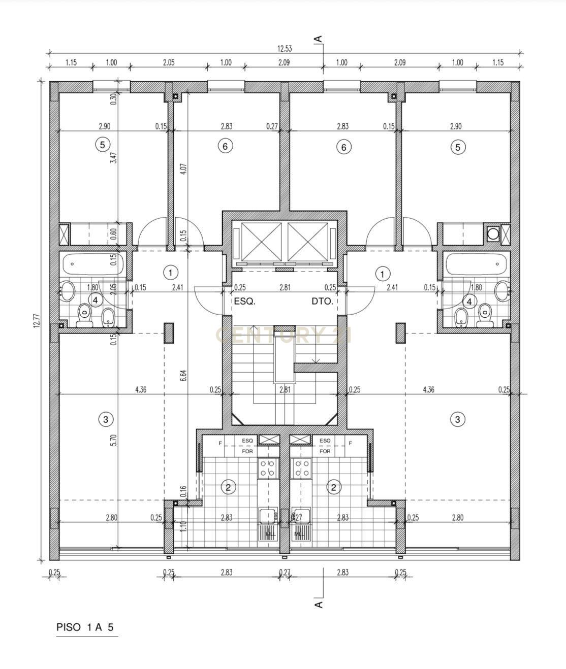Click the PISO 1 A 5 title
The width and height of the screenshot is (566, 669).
coord(85,627)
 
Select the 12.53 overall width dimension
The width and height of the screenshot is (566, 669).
coord(285,49)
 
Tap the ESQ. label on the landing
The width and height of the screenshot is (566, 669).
coord(244,301)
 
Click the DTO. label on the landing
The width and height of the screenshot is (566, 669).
coord(322,301)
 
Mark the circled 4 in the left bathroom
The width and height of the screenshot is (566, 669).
coord(96,300)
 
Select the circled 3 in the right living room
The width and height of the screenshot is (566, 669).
coord(458,419)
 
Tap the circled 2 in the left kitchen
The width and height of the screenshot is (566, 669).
coord(228,487)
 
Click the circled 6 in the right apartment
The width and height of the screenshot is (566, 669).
coord(344,147)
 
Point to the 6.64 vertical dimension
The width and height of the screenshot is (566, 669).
coord(184,376)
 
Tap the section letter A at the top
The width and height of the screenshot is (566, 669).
coord(319,39)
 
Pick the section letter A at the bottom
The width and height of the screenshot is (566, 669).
coord(319,605)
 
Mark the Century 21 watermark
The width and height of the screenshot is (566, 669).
coord(284,336)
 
